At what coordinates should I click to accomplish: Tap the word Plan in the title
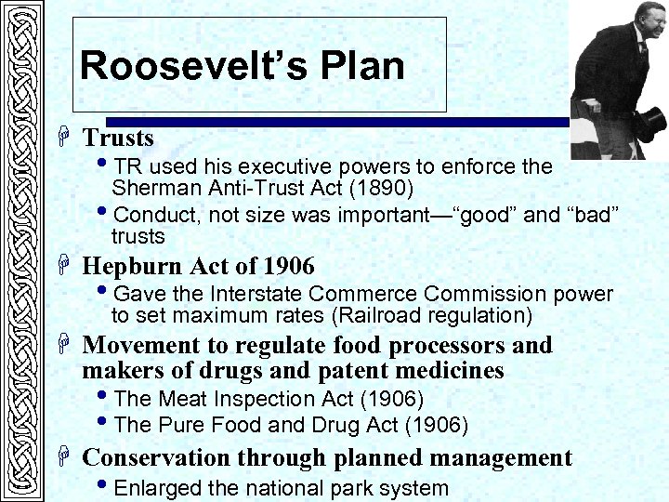click(x=365, y=66)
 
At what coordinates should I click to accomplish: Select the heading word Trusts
click(x=118, y=139)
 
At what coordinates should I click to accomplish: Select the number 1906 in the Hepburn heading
click(x=288, y=266)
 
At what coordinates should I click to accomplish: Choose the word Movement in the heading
click(x=141, y=346)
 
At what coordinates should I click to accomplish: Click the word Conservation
click(x=156, y=458)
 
